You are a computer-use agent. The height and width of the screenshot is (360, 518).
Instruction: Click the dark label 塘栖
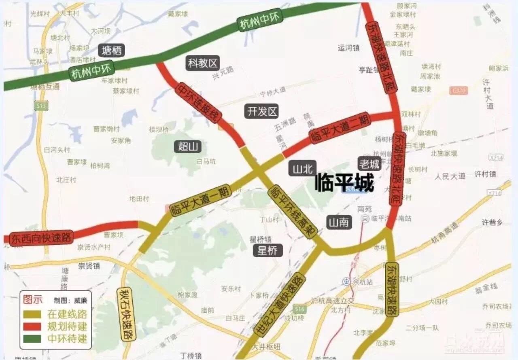[111, 50]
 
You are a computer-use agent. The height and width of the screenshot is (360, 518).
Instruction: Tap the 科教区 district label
[203, 63]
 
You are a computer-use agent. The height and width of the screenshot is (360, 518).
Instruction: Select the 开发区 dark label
[262, 111]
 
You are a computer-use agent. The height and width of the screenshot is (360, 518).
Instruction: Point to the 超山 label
[188, 146]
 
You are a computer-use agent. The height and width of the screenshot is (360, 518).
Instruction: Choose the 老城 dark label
[369, 163]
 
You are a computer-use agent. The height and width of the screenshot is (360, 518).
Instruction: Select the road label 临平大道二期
[339, 127]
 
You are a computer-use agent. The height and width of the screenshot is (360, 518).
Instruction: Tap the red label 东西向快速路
[42, 237]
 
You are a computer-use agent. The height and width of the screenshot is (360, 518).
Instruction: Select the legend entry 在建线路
[67, 314]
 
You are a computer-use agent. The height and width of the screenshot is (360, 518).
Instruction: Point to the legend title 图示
[32, 300]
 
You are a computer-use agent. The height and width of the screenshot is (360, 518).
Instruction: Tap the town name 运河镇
[348, 48]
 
